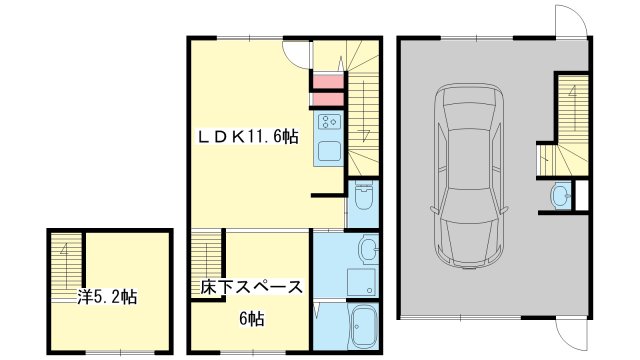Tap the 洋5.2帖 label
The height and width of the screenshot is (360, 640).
point(107,297)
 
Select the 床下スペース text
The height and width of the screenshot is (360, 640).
point(250,288)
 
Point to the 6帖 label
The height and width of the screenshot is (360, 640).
point(251,320)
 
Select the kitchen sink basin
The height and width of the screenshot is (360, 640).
point(329,151)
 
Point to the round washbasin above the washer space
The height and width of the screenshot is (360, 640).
point(368,248)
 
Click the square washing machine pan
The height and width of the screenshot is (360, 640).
point(361,281)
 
